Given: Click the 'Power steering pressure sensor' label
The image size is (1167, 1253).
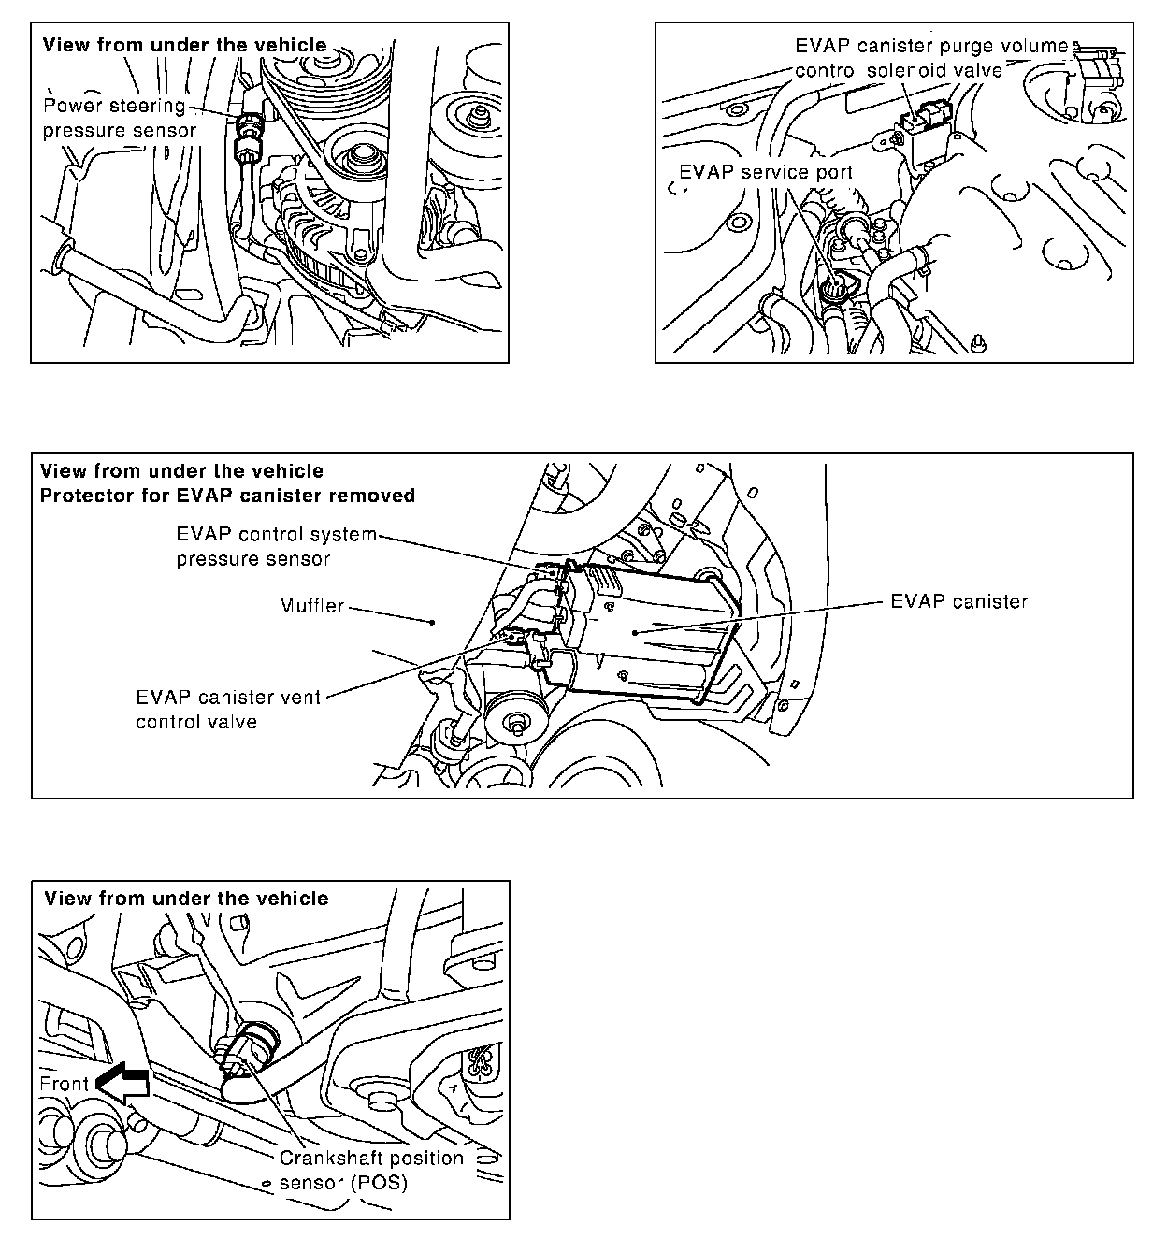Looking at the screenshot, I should [x=120, y=118].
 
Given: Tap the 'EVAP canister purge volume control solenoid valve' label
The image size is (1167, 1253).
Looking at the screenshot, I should [x=930, y=57].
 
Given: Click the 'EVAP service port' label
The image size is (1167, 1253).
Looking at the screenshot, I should [x=766, y=172].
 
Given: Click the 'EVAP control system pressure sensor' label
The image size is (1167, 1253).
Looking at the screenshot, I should [x=276, y=547].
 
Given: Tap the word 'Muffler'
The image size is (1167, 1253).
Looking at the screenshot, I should [x=311, y=606].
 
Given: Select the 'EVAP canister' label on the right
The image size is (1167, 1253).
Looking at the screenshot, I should [x=958, y=601].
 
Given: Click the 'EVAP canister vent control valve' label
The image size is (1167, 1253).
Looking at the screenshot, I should [x=228, y=709].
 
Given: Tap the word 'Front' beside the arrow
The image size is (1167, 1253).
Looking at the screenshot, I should [x=64, y=1084].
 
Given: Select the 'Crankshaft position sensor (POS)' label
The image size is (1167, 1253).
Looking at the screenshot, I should [x=371, y=1170].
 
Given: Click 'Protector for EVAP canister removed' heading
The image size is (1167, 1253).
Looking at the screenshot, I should [x=227, y=496].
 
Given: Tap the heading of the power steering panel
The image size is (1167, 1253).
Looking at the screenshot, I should [x=185, y=45].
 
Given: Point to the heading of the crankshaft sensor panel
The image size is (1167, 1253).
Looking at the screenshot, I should [x=186, y=899].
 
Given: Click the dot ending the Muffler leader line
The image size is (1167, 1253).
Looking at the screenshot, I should [x=432, y=622].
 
